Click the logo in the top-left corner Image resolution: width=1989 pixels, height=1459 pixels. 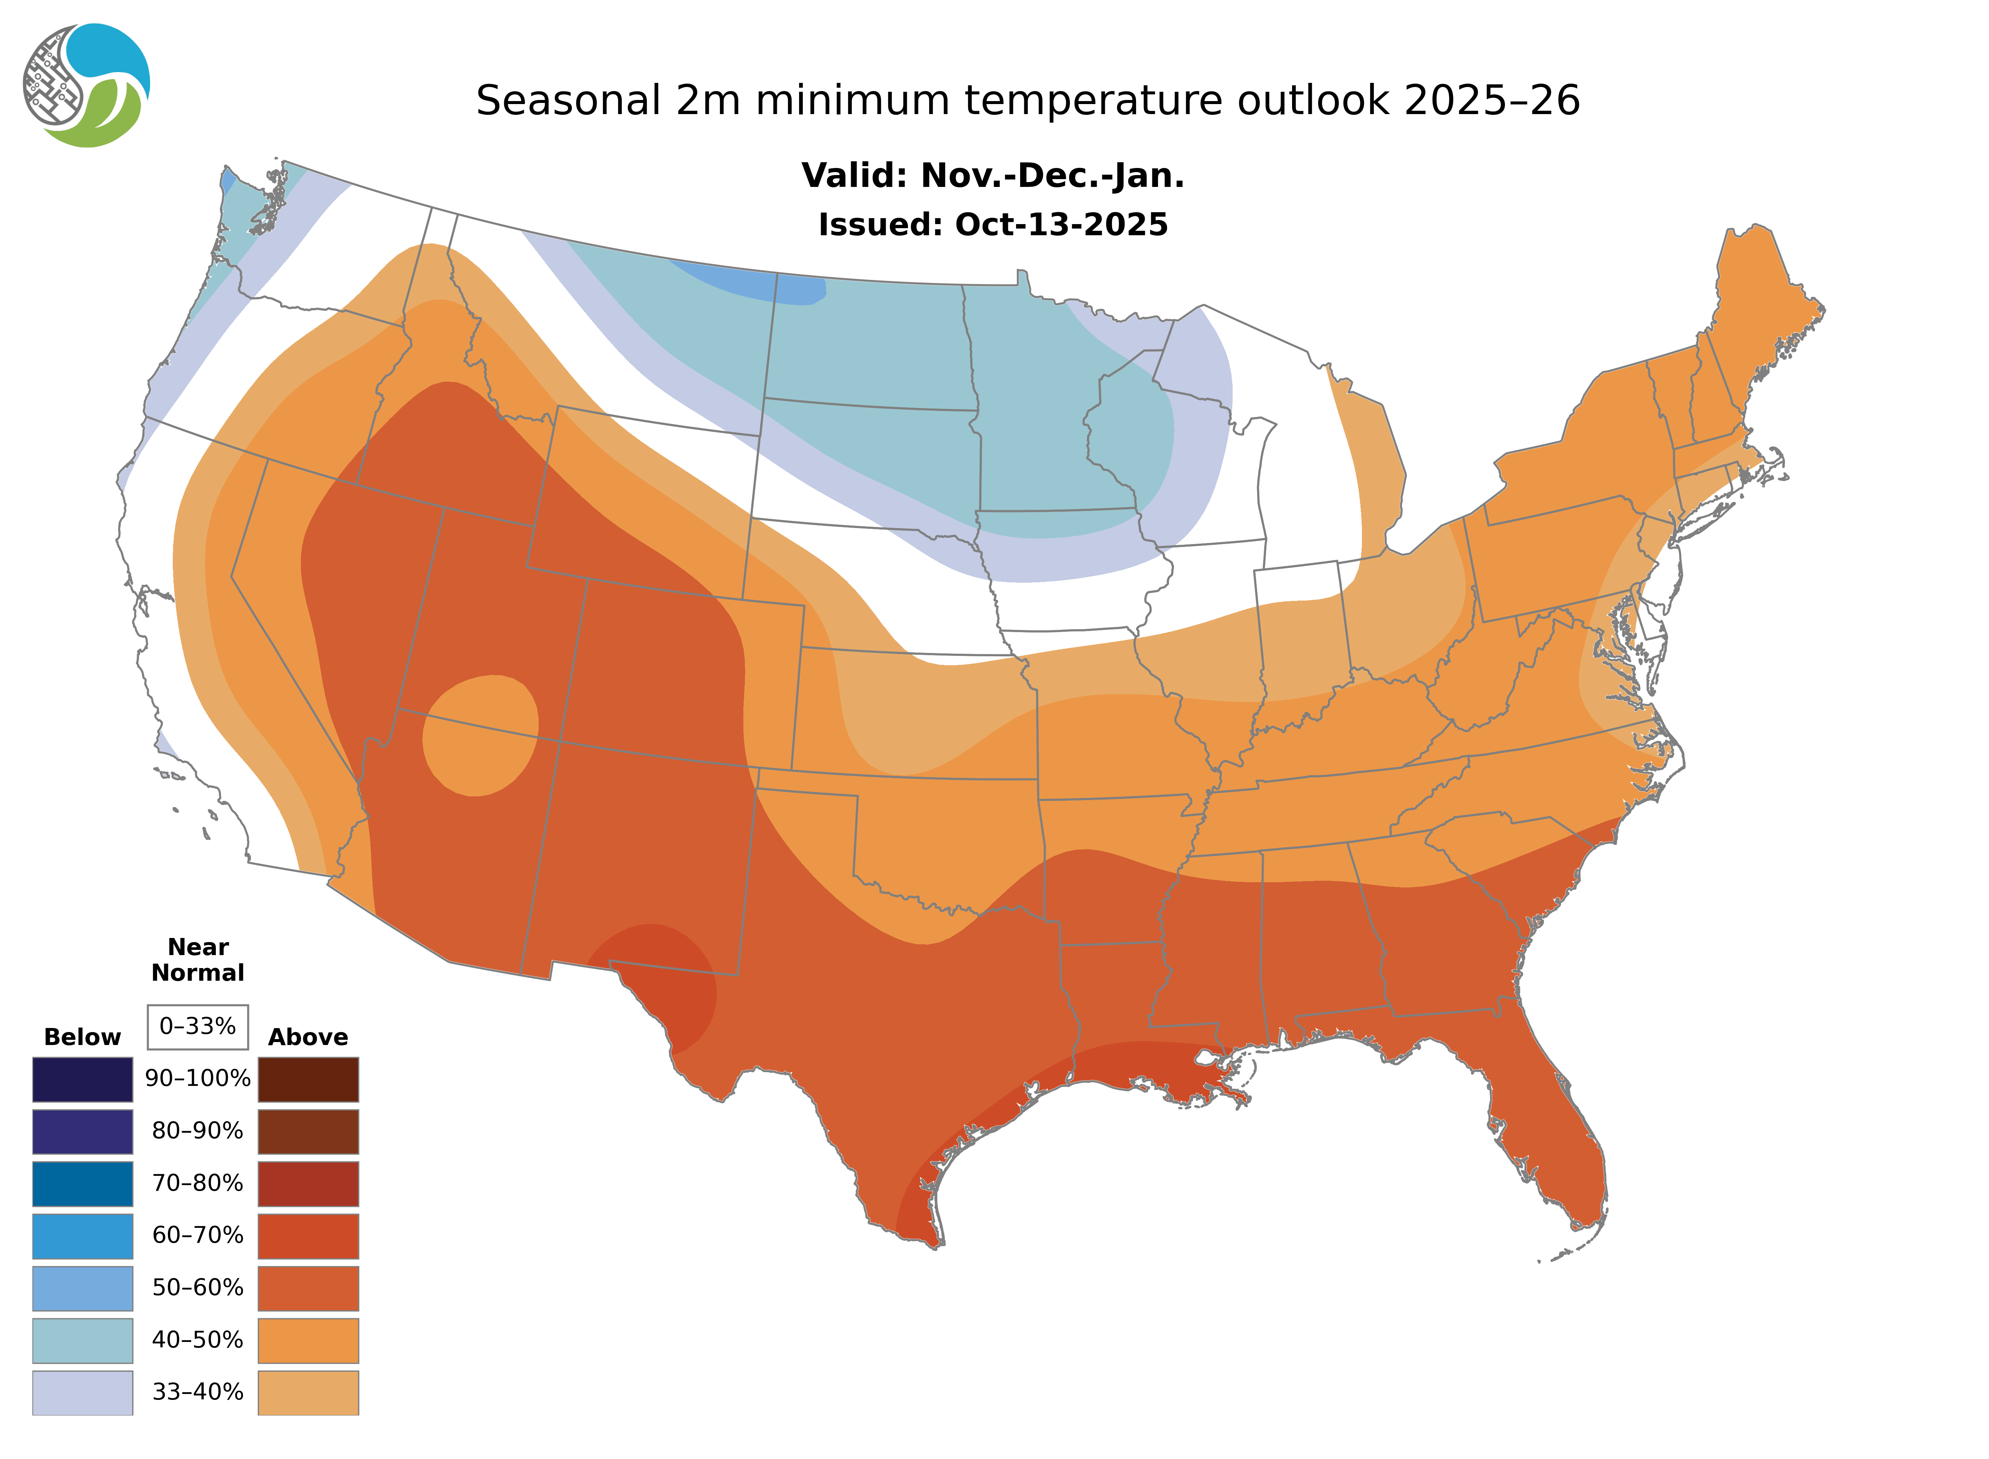click(x=87, y=86)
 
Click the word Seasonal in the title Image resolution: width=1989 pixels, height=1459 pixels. click(x=568, y=101)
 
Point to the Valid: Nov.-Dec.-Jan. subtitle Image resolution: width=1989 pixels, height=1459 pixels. click(x=992, y=176)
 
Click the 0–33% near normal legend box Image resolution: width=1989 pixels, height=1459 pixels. click(x=198, y=1026)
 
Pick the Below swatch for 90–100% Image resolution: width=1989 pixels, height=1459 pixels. click(x=83, y=1079)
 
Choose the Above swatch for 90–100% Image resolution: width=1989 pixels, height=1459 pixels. click(x=308, y=1079)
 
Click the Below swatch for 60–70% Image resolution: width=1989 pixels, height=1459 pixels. click(x=83, y=1236)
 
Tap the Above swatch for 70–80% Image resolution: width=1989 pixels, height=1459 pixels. click(x=308, y=1184)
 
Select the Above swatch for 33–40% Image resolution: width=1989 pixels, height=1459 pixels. click(x=308, y=1393)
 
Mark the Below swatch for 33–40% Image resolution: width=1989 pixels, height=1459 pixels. click(x=83, y=1393)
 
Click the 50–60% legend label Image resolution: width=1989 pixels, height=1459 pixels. click(x=198, y=1288)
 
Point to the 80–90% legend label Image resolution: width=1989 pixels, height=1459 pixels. click(x=198, y=1131)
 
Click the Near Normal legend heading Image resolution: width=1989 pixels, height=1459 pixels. click(x=198, y=960)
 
